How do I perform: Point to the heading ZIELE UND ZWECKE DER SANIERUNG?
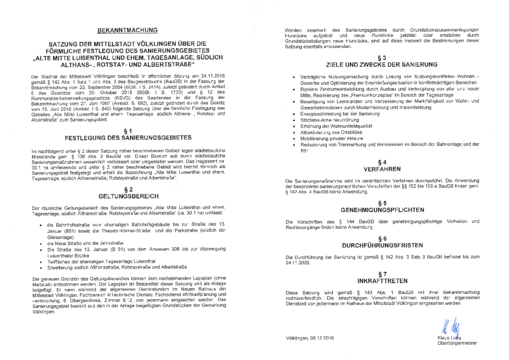click(x=381, y=65)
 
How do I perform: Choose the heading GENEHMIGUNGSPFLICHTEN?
click(x=381, y=210)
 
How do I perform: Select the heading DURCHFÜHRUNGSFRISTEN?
click(x=381, y=246)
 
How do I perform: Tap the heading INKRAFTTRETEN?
click(x=381, y=281)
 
